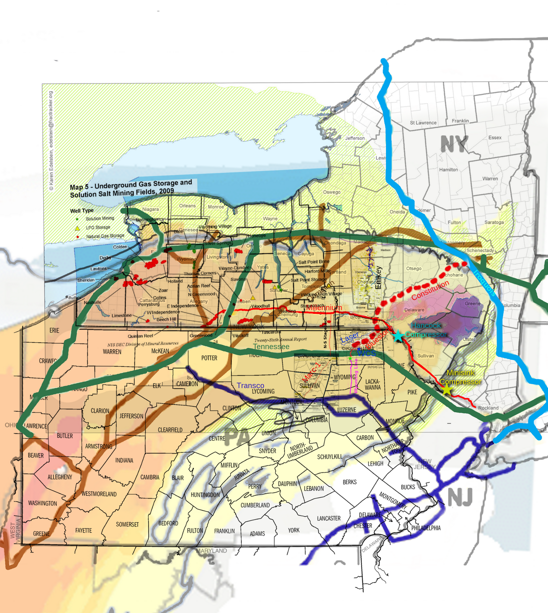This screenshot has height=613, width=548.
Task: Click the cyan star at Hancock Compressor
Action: pyautogui.click(x=398, y=336)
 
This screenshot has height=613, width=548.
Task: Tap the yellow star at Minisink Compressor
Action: pyautogui.click(x=447, y=390)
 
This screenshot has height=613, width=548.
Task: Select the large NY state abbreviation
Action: pyautogui.click(x=454, y=144)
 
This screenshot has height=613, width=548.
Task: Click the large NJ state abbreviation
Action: pyautogui.click(x=460, y=497)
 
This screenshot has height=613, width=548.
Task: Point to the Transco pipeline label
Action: pyautogui.click(x=250, y=385)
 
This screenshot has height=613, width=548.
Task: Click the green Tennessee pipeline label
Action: pyautogui.click(x=271, y=347)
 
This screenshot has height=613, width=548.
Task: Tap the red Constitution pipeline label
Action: pyautogui.click(x=430, y=290)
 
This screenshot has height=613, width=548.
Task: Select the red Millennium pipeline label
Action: pyautogui.click(x=324, y=308)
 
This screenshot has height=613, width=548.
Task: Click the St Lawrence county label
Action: pyautogui.click(x=423, y=123)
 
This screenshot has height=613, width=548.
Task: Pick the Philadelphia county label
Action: pyautogui.click(x=426, y=528)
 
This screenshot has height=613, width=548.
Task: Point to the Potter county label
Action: pyautogui.click(x=209, y=358)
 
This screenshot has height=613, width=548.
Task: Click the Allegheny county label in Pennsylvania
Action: pyautogui.click(x=60, y=477)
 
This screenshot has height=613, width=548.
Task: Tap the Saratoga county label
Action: pyautogui.click(x=494, y=222)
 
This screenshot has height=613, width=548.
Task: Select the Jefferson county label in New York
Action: pyautogui.click(x=355, y=138)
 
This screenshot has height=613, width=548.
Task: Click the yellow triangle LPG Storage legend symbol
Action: pyautogui.click(x=77, y=228)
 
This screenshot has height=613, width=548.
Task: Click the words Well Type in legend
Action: pyautogui.click(x=82, y=211)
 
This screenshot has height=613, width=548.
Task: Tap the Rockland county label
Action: pyautogui.click(x=488, y=408)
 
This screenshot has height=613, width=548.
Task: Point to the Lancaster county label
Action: pyautogui.click(x=329, y=518)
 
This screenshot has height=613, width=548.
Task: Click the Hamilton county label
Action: pyautogui.click(x=448, y=169)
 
